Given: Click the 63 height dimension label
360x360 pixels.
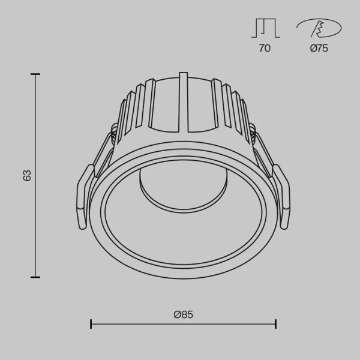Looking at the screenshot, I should click(26, 176).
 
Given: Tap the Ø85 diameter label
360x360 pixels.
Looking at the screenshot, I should click(183, 314).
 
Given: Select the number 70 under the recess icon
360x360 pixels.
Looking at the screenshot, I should click(264, 49).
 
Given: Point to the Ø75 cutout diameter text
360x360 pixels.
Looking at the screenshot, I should click(319, 49).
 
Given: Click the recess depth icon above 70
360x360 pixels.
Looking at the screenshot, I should click(264, 28).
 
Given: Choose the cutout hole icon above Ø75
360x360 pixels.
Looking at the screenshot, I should click(319, 28).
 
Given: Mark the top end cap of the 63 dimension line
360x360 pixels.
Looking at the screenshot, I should click(35, 74).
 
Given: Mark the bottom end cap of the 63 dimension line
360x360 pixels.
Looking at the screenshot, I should click(35, 277).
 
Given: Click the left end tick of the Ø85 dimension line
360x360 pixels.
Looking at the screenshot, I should click(91, 324).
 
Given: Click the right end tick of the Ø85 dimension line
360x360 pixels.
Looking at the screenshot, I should click(275, 324).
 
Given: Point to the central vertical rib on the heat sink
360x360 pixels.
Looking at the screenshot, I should click(182, 102).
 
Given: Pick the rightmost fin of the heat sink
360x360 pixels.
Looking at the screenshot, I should click(244, 117).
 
